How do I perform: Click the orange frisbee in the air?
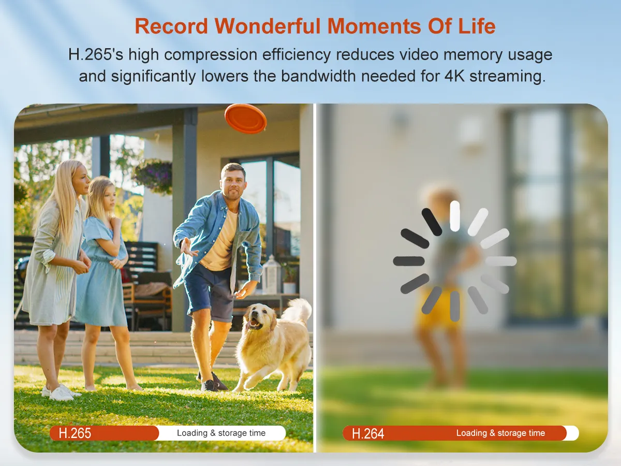[x=245, y=119]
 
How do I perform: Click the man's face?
[x=233, y=184]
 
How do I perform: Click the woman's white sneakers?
[x=61, y=392]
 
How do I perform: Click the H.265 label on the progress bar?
[x=75, y=433]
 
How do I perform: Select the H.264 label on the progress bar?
[x=368, y=433]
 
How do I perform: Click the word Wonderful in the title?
[x=268, y=26]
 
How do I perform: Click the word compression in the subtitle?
[x=211, y=55]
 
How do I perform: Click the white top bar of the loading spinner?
[x=455, y=216]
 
